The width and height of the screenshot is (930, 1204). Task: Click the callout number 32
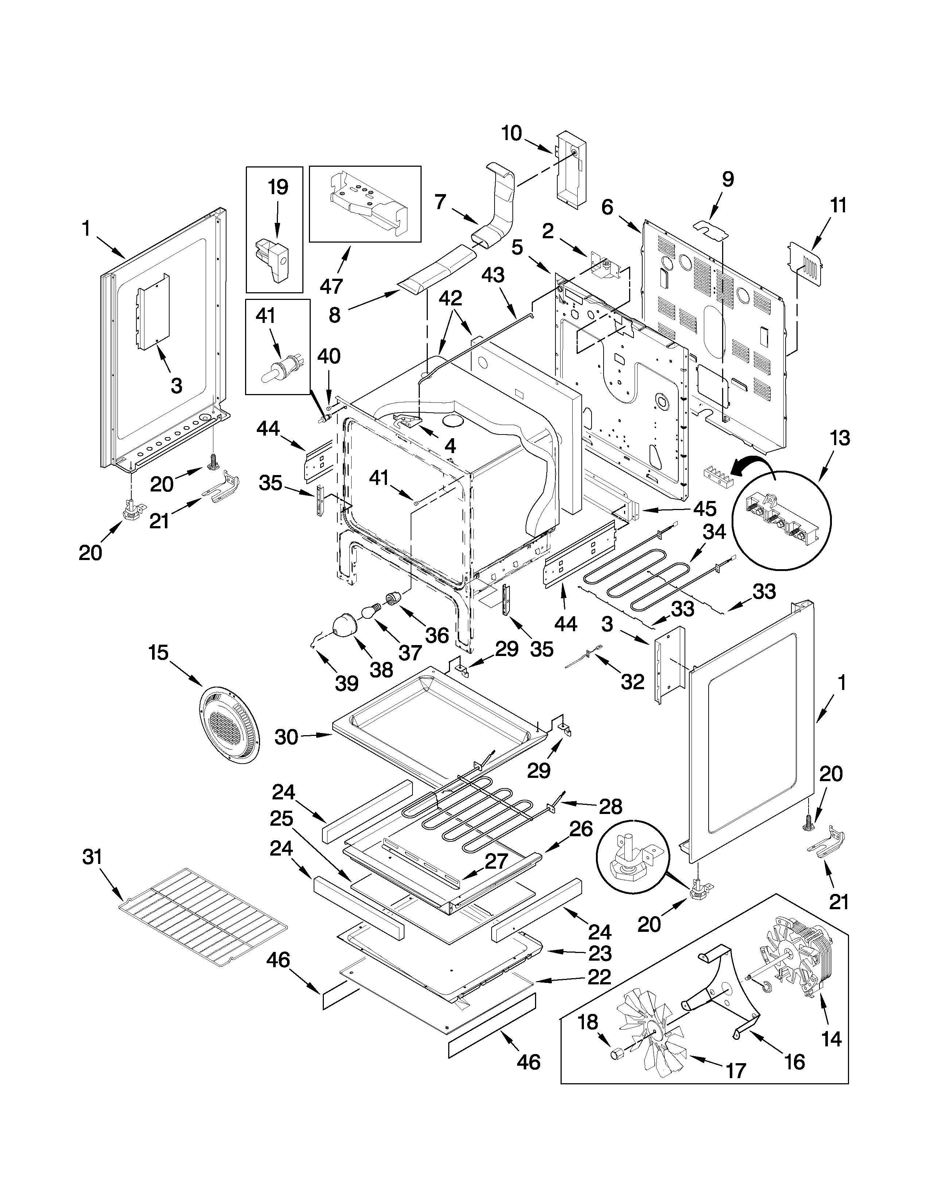(632, 682)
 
